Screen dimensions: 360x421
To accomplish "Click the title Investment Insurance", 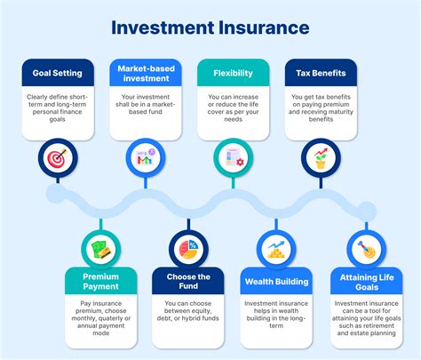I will tap(210, 28).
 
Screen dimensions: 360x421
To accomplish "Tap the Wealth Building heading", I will tap(275, 283).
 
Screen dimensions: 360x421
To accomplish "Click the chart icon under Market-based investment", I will tap(144, 159).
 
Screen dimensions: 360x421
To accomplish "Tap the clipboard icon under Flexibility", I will tap(234, 159).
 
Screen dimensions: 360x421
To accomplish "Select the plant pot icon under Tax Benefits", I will tap(321, 159).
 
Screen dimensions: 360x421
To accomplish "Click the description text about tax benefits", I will tap(321, 113).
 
